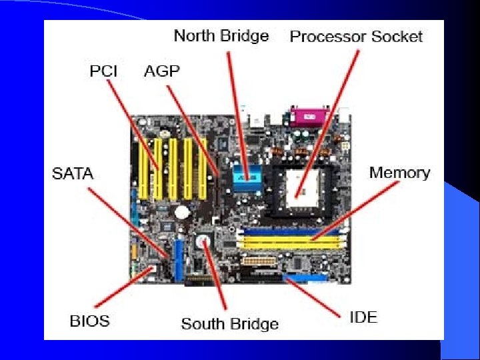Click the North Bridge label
221,36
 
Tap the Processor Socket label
356,37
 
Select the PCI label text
103,71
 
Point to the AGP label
162,71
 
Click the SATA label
73,175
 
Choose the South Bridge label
229,324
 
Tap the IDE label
363,316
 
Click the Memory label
399,173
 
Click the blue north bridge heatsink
247,178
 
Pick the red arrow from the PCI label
133,123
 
